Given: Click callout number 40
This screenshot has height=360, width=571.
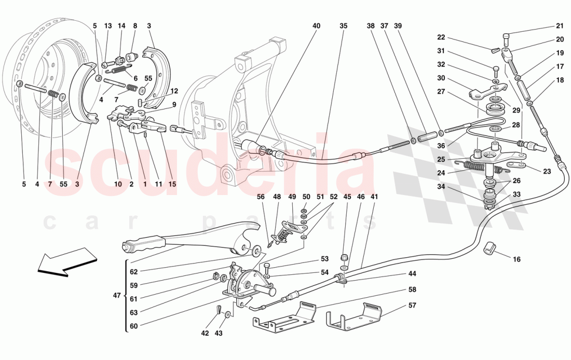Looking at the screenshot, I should tap(317, 26).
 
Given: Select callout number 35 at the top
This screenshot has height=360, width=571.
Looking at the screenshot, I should tap(344, 26).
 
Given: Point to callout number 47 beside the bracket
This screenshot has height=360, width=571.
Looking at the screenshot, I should tap(116, 295).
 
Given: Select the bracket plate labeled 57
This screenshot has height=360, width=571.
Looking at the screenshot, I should tap(353, 316).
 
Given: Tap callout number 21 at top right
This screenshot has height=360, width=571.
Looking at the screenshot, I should tap(560, 26).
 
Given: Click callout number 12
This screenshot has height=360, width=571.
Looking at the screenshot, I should tap(174, 91).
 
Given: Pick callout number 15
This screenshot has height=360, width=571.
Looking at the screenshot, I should tap(172, 184).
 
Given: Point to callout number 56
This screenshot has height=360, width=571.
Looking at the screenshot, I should tap(261, 197).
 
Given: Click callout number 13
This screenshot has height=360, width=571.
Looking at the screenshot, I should tap(108, 26).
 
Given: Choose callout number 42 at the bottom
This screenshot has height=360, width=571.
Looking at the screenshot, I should tap(205, 333).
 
